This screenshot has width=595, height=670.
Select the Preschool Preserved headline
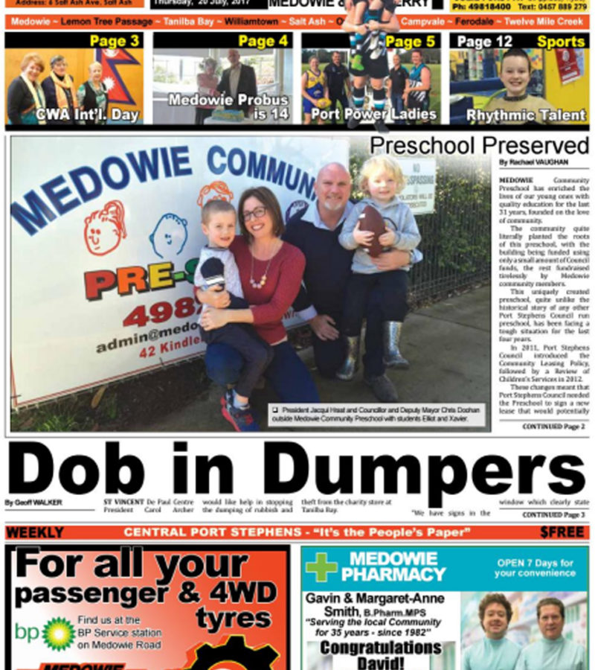(x=479, y=144)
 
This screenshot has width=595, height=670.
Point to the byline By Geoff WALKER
(x=33, y=502)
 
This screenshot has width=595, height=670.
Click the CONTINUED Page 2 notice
(x=553, y=427)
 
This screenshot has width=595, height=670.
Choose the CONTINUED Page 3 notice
(x=553, y=514)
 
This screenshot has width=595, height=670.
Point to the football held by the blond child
(x=372, y=229)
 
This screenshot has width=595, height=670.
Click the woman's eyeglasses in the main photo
(x=253, y=214)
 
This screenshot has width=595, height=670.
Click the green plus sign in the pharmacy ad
(x=321, y=567)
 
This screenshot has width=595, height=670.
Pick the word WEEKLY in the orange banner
(x=34, y=533)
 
